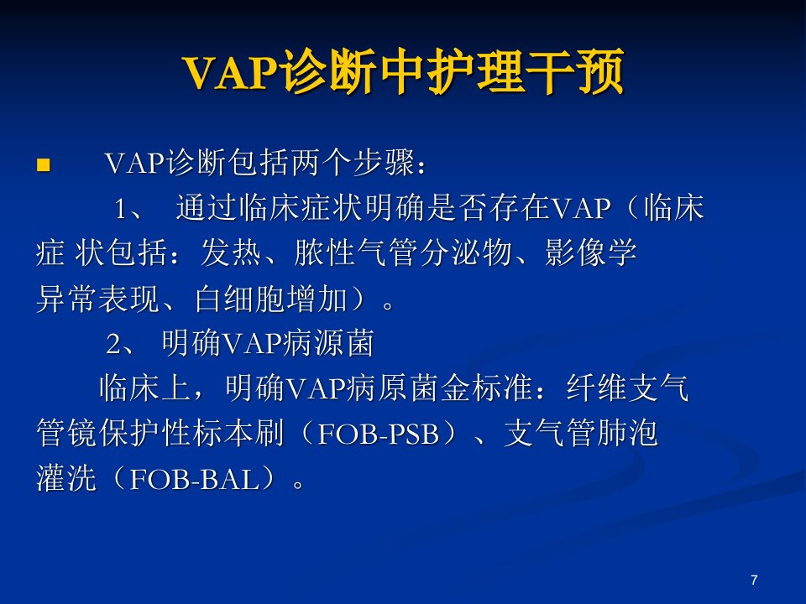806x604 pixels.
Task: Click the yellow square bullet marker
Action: point(44,165)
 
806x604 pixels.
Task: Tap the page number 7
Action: point(754,580)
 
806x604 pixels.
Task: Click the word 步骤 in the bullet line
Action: point(384,164)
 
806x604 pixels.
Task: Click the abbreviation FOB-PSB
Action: point(379,434)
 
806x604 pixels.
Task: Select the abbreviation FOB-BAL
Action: point(194,479)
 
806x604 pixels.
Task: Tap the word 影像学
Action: point(591,253)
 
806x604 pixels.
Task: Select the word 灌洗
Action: point(66,479)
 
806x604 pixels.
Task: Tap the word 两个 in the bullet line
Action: point(322,164)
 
